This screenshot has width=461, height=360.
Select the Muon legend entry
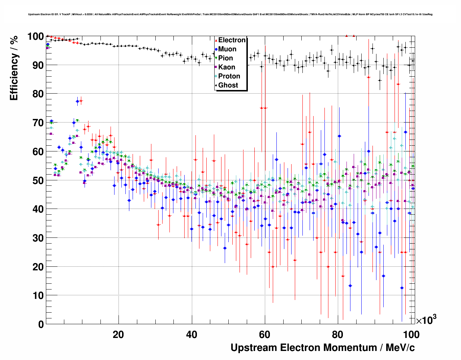227,49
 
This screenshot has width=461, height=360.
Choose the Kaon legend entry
227,67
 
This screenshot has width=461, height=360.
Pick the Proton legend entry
229,76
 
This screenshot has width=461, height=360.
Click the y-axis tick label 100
35,37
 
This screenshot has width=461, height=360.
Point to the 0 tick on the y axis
41,324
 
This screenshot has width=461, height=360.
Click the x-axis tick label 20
118,334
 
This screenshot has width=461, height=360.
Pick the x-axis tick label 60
265,334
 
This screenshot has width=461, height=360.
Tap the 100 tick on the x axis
411,334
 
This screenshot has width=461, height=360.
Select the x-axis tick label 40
191,334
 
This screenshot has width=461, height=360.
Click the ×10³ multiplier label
426,320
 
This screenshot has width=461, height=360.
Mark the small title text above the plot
230,14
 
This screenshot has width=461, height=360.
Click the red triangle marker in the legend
216,40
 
